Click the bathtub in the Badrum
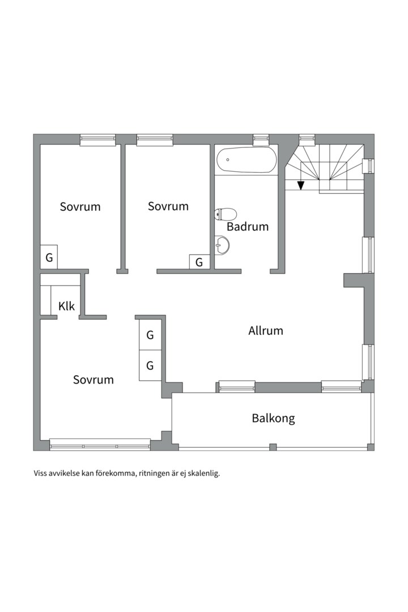coord(247,160)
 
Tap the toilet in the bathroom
coord(226,214)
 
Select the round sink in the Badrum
coord(223,245)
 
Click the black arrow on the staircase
coord(301,185)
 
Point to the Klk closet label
coord(66,307)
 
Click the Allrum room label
coord(265,331)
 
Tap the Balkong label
coord(273,419)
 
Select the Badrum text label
coord(248,227)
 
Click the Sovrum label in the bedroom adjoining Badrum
coord(168,206)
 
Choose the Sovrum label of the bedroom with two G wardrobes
coord(93,380)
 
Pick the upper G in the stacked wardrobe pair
coord(150,335)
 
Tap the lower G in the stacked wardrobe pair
coord(150,365)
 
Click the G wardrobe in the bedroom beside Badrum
coord(199,262)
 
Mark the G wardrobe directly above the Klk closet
coord(49,258)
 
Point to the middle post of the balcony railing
coord(273,447)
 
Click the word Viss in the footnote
coord(41,473)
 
